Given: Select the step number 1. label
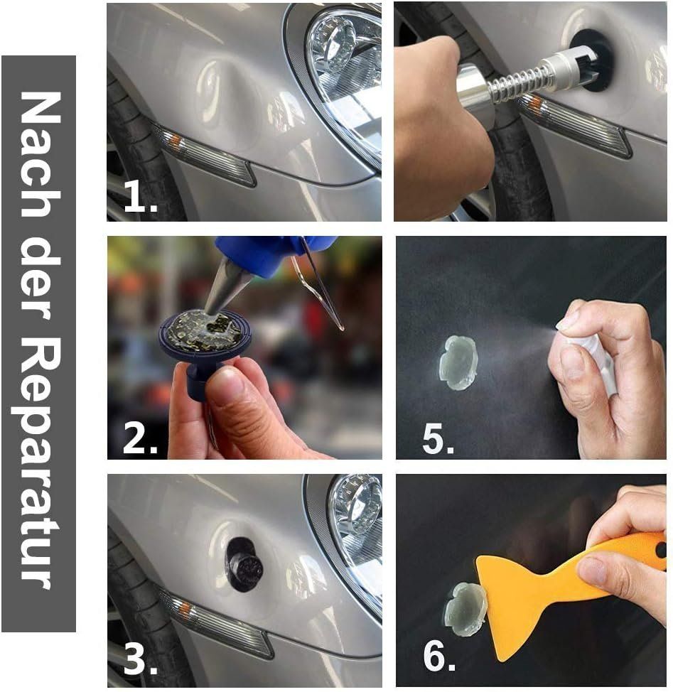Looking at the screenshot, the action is [x=140, y=198].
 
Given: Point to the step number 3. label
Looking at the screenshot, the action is [x=140, y=659].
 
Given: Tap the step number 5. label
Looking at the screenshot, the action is [x=438, y=439].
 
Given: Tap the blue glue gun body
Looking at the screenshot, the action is [x=265, y=255].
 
